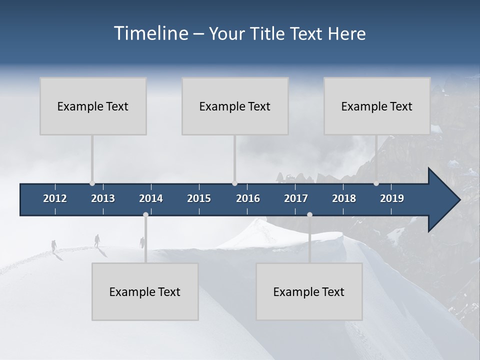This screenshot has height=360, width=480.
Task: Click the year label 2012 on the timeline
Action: tap(55, 198)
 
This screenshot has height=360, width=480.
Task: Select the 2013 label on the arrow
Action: tap(103, 198)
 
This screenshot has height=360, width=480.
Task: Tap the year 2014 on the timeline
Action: tap(151, 198)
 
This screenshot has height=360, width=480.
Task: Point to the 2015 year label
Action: tap(199, 198)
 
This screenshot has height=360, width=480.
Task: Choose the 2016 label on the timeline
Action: tap(248, 198)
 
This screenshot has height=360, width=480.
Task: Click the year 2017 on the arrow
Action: tap(296, 198)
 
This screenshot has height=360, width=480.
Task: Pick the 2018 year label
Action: tap(344, 198)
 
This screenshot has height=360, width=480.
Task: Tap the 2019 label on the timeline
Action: tap(392, 198)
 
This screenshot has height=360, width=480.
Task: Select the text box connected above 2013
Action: tap(93, 106)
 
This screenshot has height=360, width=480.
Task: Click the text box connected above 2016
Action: tap(235, 106)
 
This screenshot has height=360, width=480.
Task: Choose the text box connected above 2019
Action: tap(377, 106)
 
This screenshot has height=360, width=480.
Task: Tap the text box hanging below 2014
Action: tap(145, 291)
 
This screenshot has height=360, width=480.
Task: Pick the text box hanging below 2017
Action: tap(309, 291)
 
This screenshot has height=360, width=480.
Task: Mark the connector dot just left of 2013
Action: tap(92, 183)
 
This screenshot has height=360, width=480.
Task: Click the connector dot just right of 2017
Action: tap(309, 214)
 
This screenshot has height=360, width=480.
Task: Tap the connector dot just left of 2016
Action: tap(234, 183)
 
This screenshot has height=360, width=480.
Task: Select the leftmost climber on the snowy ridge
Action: tap(53, 245)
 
